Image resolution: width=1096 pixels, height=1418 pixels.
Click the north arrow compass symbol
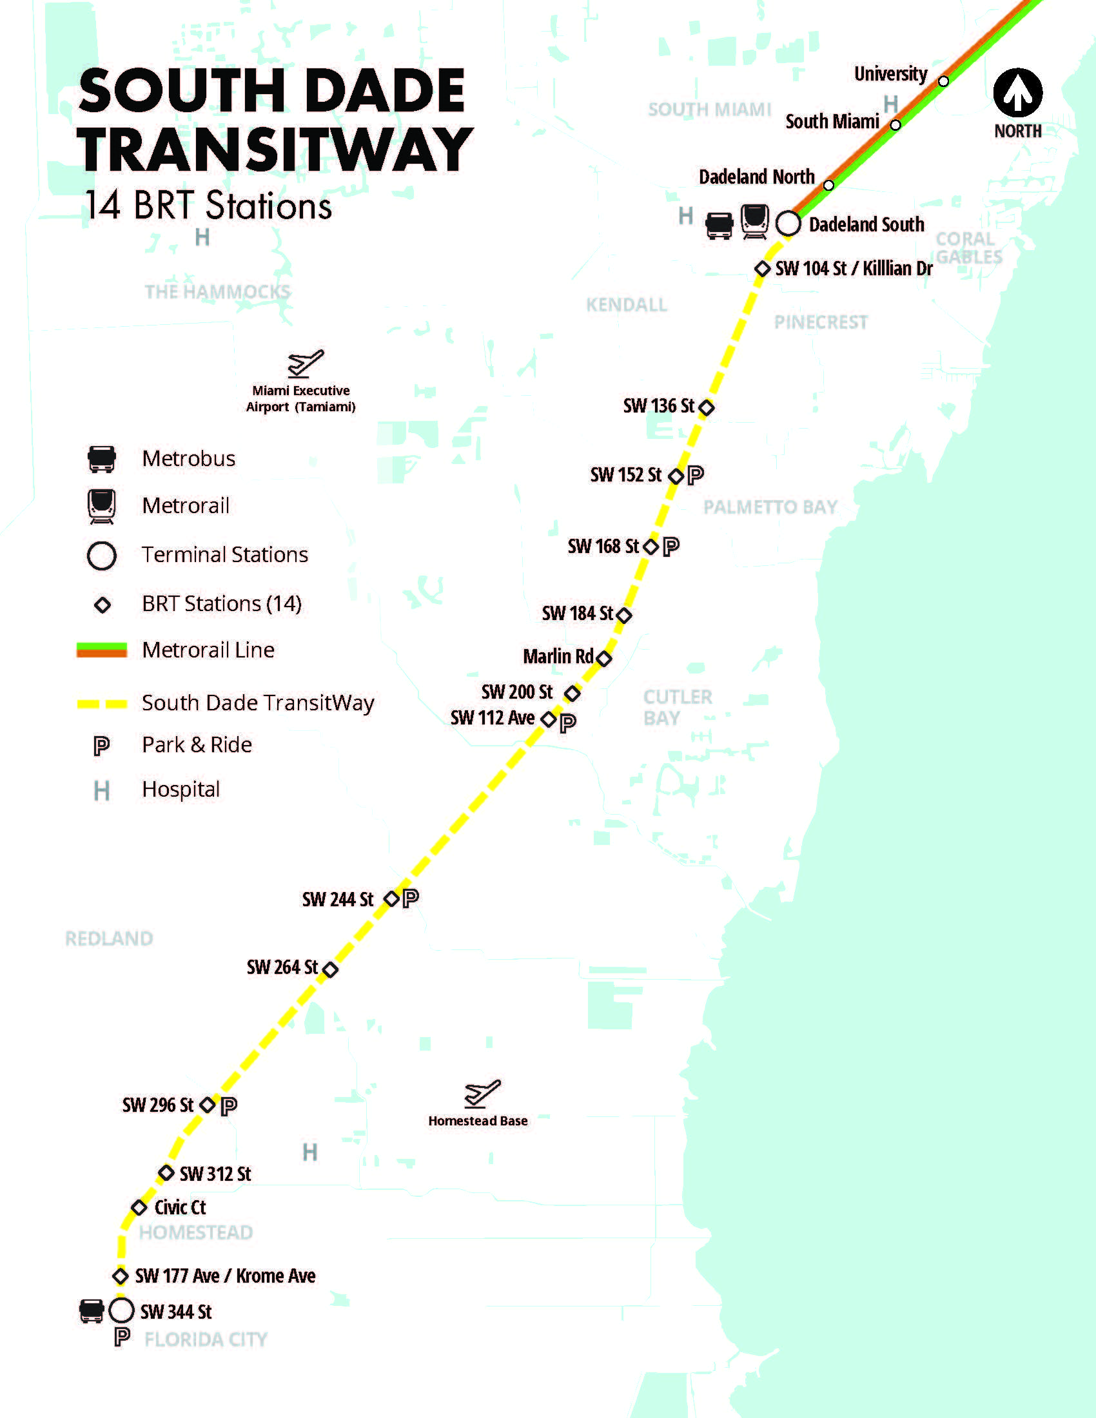point(1017,93)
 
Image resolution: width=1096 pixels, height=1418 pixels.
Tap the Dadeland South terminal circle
point(788,224)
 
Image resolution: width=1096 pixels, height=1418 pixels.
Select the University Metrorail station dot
point(943,81)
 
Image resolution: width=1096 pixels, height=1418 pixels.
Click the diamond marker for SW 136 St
point(707,408)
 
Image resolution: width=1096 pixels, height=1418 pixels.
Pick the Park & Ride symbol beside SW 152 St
point(696,475)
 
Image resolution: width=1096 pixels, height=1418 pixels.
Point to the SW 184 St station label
point(577,614)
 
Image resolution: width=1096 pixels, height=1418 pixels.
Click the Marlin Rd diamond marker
point(604,658)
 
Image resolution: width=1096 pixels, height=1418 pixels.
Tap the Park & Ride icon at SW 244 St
point(410,898)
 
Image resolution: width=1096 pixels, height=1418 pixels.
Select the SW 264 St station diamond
point(330,969)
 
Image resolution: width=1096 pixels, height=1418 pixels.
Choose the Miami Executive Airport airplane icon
point(305,363)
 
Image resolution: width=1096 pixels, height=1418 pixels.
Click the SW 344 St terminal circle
point(121,1310)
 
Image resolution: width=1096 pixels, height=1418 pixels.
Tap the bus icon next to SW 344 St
point(92,1310)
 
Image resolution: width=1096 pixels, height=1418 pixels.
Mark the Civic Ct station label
point(180,1208)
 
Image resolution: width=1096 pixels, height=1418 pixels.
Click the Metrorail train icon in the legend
point(102,506)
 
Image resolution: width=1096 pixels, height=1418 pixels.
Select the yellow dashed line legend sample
point(102,704)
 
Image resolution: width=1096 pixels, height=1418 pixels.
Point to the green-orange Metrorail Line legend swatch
point(102,650)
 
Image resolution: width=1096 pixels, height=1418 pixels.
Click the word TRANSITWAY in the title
point(275,150)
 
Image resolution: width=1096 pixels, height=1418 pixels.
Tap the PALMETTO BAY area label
point(770,507)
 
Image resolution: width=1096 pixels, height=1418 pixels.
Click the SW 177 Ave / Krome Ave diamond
point(120,1276)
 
